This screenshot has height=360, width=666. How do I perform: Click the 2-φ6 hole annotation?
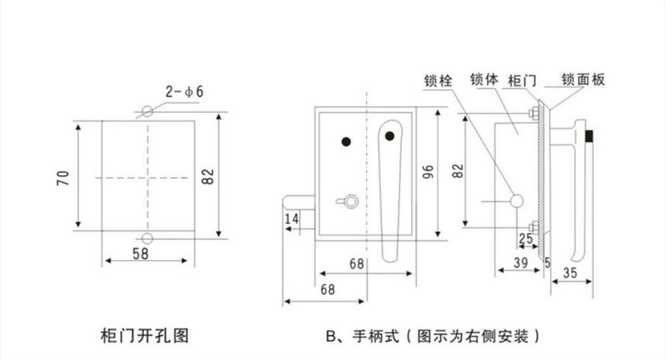coord(184,92)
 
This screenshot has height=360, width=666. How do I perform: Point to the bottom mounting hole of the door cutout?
coord(147,238)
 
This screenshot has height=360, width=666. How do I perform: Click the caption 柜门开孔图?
coord(146,336)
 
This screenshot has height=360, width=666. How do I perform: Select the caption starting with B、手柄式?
coord(432,337)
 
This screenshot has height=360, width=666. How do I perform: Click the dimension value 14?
coord(292,220)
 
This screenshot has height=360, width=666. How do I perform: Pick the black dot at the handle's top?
coord(390,137)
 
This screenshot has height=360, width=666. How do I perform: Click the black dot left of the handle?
coord(346,142)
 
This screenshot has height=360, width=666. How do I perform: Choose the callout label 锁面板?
coord(584,80)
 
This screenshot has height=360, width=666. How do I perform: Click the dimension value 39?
coord(521,263)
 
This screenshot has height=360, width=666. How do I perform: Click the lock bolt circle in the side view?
coord(517,201)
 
